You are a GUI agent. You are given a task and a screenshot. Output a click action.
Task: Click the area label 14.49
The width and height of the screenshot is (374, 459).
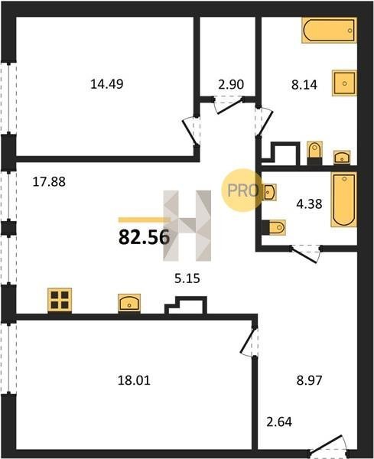click(x=107, y=84)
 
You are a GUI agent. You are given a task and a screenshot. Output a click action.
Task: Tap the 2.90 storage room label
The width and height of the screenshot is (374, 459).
click(x=231, y=84)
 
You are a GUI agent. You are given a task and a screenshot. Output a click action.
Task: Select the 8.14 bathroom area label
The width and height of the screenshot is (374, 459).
click(x=304, y=85)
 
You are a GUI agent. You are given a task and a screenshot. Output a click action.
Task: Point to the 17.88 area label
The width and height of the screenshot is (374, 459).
click(x=49, y=181)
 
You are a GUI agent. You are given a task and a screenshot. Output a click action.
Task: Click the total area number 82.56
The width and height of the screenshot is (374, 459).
click(x=144, y=237)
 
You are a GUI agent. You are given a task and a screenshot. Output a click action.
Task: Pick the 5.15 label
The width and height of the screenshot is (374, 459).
click(x=187, y=278)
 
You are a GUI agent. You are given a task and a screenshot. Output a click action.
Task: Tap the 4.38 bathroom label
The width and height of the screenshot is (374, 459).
click(x=309, y=203)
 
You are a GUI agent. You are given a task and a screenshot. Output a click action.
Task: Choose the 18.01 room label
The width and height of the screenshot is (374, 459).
click(x=134, y=380)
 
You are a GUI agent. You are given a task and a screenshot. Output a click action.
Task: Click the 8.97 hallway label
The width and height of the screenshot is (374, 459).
click(x=309, y=380)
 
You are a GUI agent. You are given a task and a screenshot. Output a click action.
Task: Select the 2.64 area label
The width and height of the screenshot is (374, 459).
click(x=279, y=422)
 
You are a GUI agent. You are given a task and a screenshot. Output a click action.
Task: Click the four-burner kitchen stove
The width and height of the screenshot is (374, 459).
click(x=60, y=300)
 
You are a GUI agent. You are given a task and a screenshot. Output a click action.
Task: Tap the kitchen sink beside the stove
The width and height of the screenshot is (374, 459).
click(x=129, y=303)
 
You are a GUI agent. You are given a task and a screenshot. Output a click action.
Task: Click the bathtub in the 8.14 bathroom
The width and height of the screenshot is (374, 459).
click(x=329, y=30)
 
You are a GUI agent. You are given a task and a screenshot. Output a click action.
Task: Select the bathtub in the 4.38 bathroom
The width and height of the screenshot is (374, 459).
click(x=344, y=200)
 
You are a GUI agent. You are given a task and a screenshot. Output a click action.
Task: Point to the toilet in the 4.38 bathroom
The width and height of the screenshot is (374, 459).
click(x=275, y=227)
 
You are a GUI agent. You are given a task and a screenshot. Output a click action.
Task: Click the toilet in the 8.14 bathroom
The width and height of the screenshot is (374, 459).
click(x=314, y=152)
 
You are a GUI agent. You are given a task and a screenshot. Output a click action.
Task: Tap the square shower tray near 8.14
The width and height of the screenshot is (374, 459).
click(x=344, y=83)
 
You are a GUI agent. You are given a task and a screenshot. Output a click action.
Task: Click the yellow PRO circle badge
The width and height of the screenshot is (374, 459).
click(x=242, y=190)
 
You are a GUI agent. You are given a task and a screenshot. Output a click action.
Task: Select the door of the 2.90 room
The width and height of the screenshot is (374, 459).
click(x=229, y=106)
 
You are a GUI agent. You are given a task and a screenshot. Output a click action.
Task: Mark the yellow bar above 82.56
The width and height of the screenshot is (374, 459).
click(x=145, y=220)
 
